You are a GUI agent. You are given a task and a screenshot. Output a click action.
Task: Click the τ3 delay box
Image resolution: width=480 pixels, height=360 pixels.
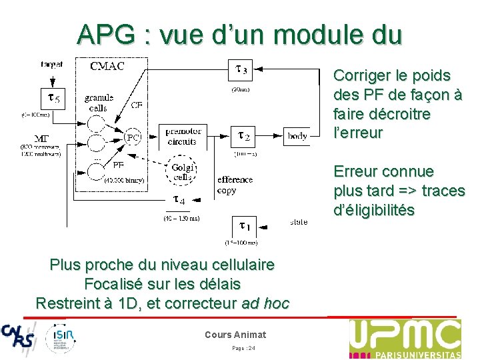pos(241,69)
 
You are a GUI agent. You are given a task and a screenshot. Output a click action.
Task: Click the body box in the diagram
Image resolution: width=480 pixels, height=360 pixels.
pos(297,136)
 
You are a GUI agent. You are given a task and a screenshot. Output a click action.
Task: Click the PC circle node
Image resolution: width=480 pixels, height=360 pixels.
pos(134,138)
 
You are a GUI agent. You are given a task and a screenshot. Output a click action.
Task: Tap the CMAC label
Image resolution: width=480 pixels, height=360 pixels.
pos(110,65)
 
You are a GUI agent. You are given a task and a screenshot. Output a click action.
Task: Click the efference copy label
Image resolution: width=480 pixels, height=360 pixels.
pos(235,185)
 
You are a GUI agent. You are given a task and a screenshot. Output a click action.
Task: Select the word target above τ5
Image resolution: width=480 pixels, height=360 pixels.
pos(51,65)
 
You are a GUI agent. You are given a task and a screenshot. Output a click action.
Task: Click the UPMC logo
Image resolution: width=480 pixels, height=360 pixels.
pos(405,338)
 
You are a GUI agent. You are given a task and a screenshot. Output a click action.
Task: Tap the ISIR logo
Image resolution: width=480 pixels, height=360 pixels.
pos(61,337)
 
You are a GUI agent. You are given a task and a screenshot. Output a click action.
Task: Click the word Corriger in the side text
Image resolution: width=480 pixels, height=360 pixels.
pos(364,76)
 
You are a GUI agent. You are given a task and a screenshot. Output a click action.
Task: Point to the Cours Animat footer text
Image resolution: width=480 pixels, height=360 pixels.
pos(235,335)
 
